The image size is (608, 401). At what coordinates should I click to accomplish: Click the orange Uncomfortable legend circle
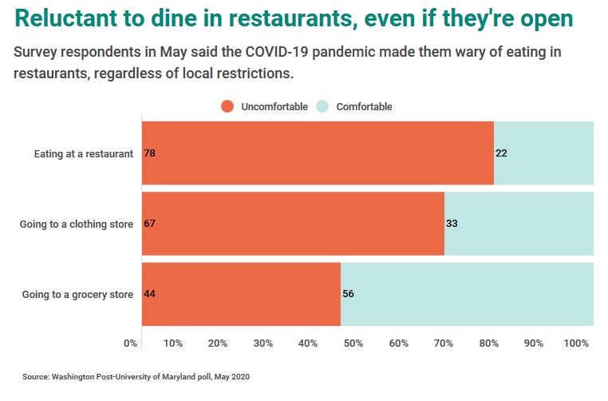[227, 106]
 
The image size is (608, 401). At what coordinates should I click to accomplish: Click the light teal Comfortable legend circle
[322, 106]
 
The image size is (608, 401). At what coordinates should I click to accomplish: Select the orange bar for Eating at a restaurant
[318, 153]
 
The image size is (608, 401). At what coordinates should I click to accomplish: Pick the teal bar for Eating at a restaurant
[543, 153]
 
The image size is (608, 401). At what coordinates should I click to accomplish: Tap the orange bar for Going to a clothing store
[293, 224]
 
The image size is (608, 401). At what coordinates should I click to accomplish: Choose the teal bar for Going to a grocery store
[467, 294]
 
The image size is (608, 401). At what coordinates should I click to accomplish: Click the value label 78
[149, 153]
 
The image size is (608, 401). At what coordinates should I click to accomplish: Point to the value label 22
[502, 153]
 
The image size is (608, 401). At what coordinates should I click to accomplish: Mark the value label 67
[149, 224]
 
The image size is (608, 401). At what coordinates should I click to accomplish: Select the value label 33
[452, 224]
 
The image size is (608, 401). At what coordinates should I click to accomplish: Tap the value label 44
[149, 294]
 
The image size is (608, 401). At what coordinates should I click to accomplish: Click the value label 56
[348, 294]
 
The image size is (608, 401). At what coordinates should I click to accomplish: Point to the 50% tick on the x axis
[353, 343]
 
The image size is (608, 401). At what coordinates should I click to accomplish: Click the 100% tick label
[576, 343]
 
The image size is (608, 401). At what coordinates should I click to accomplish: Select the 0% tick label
[131, 343]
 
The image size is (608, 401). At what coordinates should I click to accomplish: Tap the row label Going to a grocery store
[77, 295]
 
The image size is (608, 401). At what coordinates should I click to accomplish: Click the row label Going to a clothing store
[77, 224]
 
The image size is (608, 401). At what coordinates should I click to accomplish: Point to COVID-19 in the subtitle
[282, 53]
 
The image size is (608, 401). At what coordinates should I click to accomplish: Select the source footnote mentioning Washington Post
[136, 375]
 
